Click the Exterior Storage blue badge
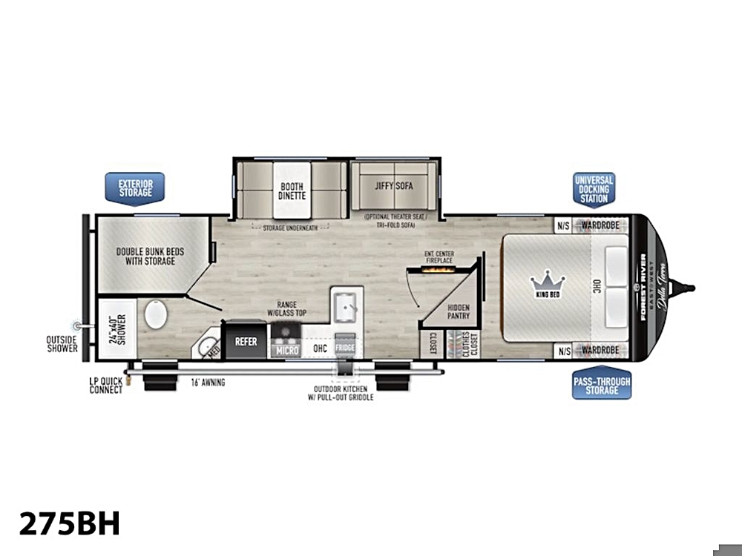pos(135,187)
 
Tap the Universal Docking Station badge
pos(594,190)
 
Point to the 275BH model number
pos(69,523)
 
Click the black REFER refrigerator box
pos(246,341)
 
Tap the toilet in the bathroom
pos(157,315)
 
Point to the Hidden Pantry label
pos(457,311)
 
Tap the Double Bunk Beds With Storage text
pos(150,257)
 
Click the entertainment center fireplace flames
pos(439,271)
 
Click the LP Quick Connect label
pos(105,385)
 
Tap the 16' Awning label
pos(208,383)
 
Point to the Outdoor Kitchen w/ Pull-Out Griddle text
pos(341,393)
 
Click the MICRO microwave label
pos(286,349)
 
